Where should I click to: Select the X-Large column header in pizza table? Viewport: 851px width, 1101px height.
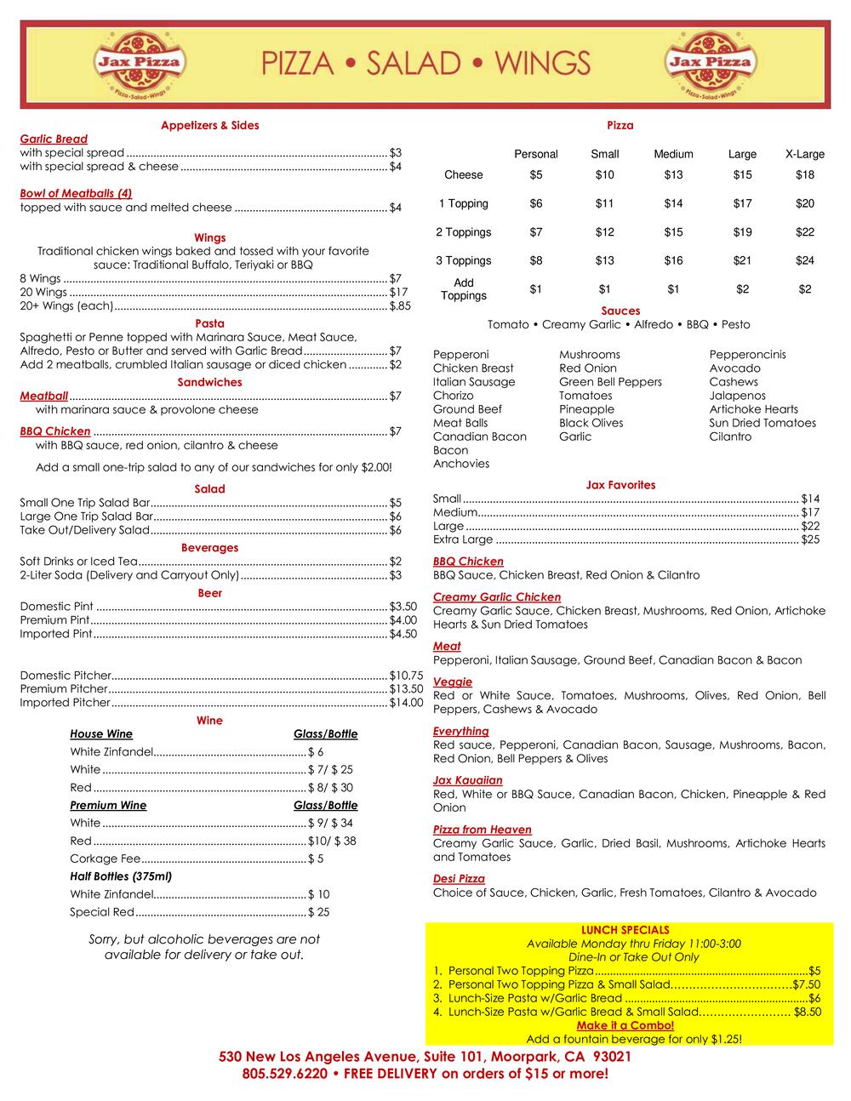(804, 154)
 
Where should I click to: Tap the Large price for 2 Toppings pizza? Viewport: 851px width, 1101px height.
(742, 232)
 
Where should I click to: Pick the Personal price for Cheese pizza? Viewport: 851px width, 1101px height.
(535, 175)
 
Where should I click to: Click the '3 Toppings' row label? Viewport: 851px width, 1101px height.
(463, 261)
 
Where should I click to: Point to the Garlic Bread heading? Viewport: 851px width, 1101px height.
(54, 139)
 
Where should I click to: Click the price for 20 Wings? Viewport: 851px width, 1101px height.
(398, 292)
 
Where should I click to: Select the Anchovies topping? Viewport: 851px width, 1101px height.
(461, 464)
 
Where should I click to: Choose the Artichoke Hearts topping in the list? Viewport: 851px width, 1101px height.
(753, 409)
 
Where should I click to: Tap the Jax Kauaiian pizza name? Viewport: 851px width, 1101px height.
(467, 780)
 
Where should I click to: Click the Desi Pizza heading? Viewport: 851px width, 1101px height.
(459, 879)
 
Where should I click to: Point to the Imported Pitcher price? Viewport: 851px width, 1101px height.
(406, 703)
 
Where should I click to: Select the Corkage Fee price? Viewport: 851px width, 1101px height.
(316, 859)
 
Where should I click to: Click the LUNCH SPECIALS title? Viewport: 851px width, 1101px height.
(625, 930)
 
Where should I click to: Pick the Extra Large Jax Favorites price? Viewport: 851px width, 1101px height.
(810, 539)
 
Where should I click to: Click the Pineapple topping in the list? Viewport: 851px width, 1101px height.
(586, 409)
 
